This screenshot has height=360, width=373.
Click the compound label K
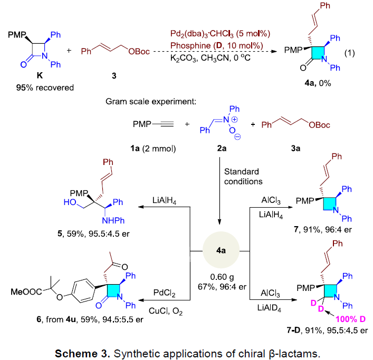[40, 75]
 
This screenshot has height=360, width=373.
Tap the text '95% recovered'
[45, 87]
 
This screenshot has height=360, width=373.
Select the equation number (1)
[349, 53]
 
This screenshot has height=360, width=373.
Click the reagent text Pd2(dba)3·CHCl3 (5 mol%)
[221, 34]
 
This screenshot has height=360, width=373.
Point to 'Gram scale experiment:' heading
[151, 102]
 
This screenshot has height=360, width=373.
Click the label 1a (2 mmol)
[153, 149]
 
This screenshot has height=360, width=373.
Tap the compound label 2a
[222, 148]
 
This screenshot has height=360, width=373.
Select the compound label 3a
[295, 148]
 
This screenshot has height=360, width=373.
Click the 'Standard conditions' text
[243, 177]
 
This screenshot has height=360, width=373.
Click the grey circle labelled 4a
[221, 250]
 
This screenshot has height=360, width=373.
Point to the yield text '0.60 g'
[222, 277]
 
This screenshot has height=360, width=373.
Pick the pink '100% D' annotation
[350, 319]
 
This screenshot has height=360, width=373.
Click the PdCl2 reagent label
[165, 293]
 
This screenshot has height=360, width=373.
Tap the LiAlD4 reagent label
[269, 308]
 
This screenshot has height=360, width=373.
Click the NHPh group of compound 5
[113, 220]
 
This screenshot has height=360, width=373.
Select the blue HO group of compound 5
[70, 202]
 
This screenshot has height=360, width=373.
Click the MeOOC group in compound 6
[26, 292]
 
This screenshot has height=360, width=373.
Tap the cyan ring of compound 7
[329, 203]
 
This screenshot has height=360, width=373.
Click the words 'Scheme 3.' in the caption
[82, 354]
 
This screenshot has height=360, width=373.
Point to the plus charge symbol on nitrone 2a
[234, 119]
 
